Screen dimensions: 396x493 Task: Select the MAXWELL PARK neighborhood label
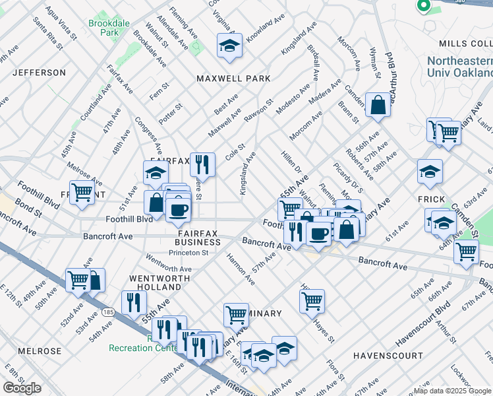(x=233, y=79)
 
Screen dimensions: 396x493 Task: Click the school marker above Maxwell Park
(x=229, y=46)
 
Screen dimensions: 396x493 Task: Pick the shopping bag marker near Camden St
(x=378, y=106)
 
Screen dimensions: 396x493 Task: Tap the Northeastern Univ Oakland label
(x=460, y=67)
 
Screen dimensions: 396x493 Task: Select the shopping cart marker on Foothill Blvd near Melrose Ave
(x=82, y=193)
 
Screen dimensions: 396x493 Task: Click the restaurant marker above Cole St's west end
(x=202, y=164)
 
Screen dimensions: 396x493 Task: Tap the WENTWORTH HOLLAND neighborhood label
(x=158, y=282)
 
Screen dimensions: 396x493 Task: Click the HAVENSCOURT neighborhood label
(x=388, y=356)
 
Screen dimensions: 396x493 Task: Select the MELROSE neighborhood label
(x=40, y=351)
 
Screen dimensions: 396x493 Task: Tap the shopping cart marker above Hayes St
(x=312, y=301)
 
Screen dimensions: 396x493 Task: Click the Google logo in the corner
(x=22, y=387)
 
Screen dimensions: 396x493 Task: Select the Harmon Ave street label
(x=241, y=269)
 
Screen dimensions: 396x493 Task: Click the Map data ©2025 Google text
(x=452, y=391)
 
